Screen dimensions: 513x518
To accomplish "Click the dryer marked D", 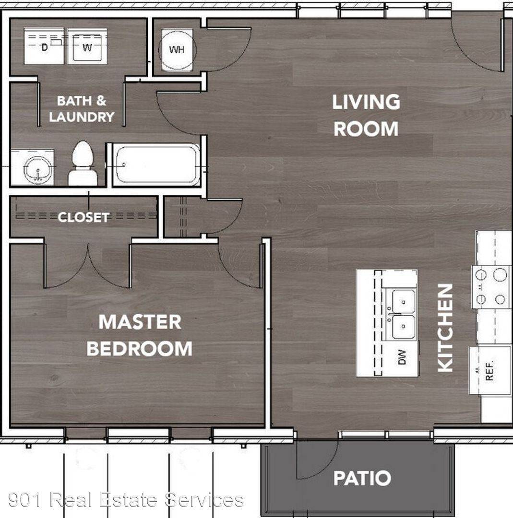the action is pyautogui.click(x=44, y=47).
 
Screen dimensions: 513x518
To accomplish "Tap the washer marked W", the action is pyautogui.click(x=87, y=47).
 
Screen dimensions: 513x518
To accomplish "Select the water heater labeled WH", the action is pyautogui.click(x=177, y=50).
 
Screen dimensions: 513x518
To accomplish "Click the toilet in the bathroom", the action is pyautogui.click(x=83, y=164).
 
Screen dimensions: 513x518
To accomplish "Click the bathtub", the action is pyautogui.click(x=156, y=165).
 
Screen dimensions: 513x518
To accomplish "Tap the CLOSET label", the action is pyautogui.click(x=84, y=217).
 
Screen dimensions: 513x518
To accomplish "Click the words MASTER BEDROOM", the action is pyautogui.click(x=140, y=335).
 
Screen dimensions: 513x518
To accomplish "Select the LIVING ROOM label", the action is pyautogui.click(x=366, y=115).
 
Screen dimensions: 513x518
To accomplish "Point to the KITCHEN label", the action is pyautogui.click(x=445, y=328).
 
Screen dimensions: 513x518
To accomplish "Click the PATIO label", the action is pyautogui.click(x=362, y=478).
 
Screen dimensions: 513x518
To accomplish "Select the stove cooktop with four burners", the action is pyautogui.click(x=491, y=287).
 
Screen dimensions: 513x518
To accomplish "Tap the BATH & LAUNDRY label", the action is pyautogui.click(x=82, y=109).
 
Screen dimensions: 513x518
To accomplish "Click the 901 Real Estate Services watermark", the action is pyautogui.click(x=126, y=500).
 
